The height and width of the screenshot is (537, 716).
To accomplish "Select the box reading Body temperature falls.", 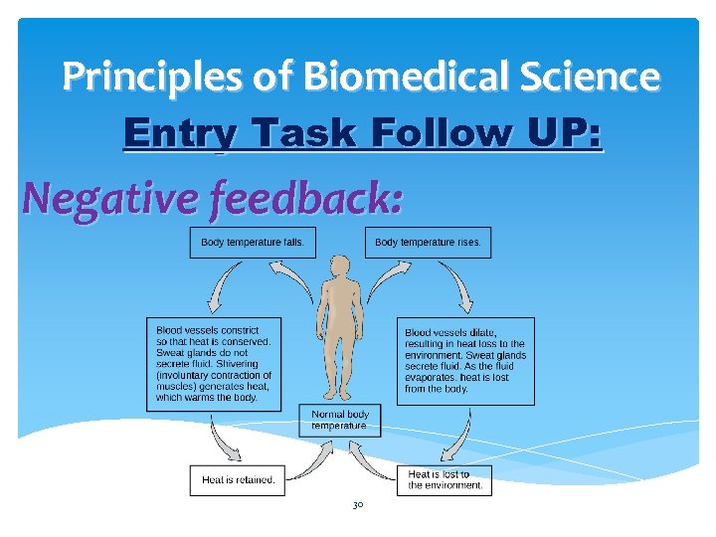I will point(253,243).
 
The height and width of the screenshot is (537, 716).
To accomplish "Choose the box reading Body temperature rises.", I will point(428,243).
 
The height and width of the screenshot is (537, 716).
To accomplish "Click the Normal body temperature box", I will point(340,420).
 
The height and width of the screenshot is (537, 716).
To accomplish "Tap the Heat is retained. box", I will point(238,480).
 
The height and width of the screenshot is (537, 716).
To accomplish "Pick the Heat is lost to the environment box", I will point(444,480).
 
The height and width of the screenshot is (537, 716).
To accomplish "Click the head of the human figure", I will point(340,266).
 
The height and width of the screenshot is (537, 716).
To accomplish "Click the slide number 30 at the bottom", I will point(358,506).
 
